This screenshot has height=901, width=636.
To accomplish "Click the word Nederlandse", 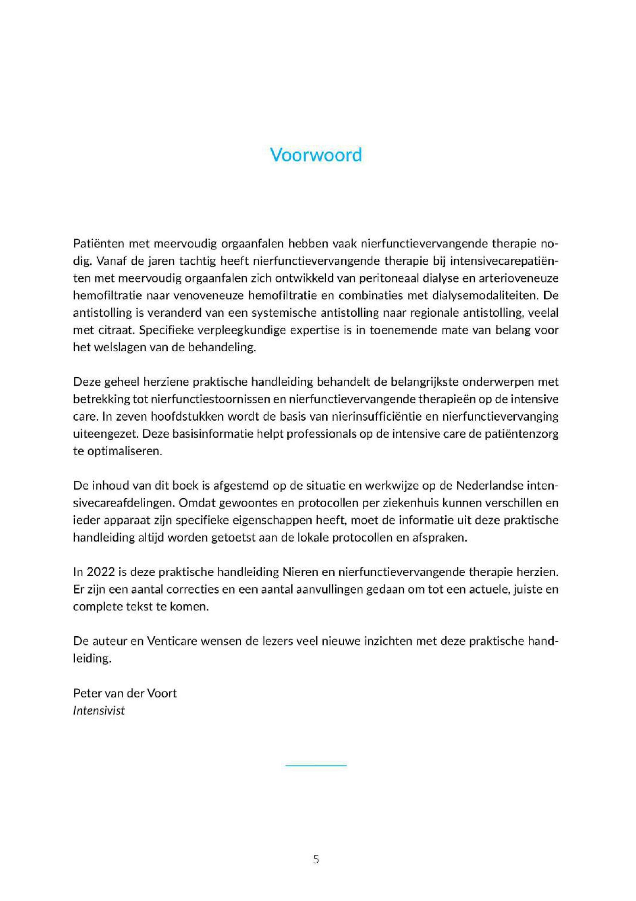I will click(x=490, y=486).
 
